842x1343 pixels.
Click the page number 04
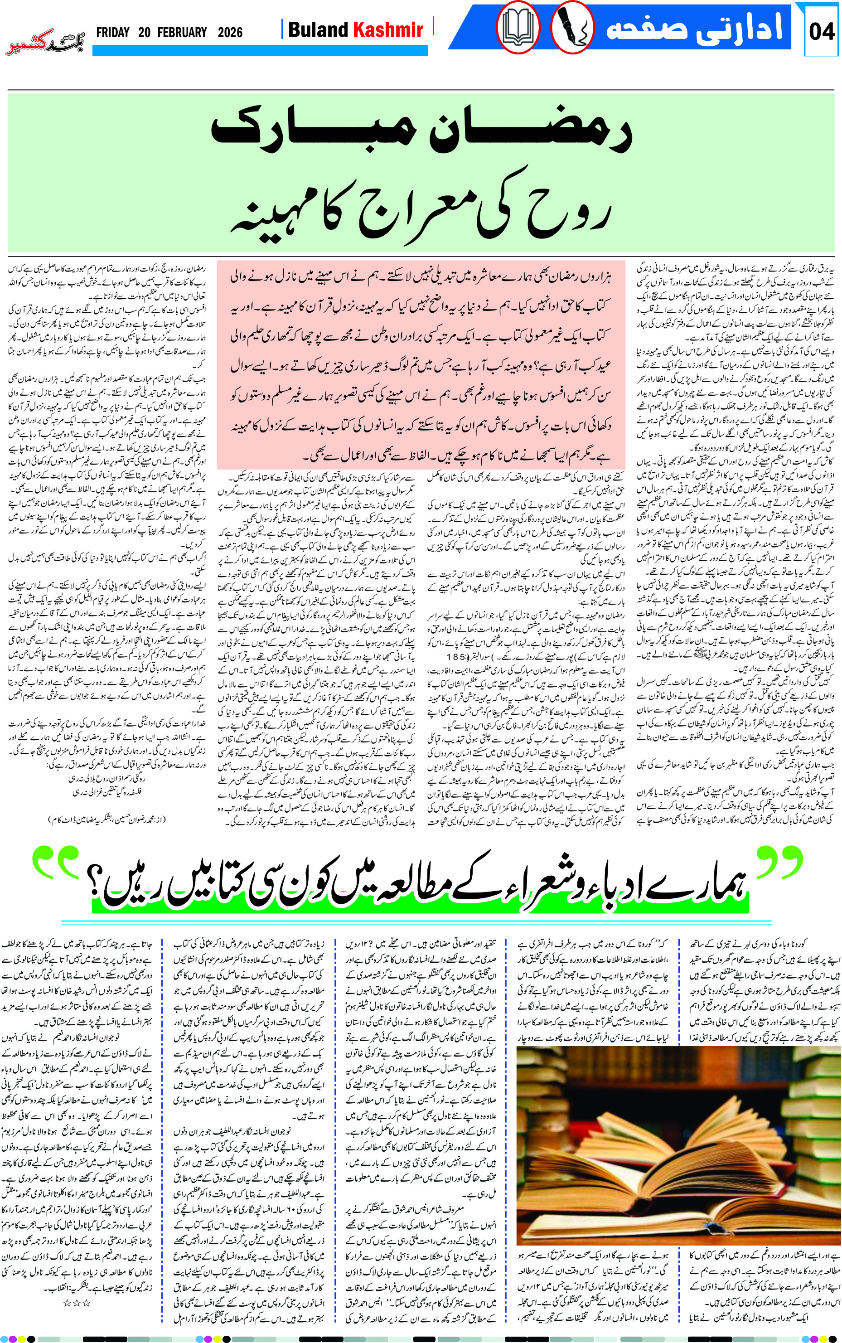point(822,31)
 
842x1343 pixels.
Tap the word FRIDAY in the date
point(112,32)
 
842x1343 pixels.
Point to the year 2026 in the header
point(230,32)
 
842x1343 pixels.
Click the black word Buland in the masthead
point(318,29)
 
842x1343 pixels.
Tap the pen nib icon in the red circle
point(572,28)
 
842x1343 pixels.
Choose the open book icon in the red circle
point(518,28)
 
